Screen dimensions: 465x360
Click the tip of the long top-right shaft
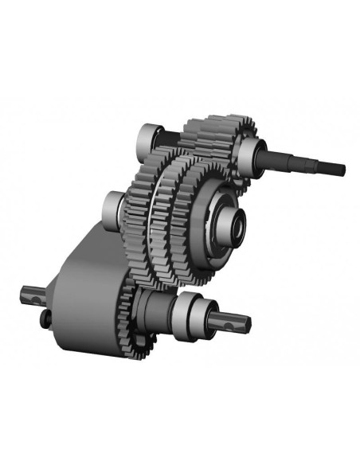click(x=343, y=169)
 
